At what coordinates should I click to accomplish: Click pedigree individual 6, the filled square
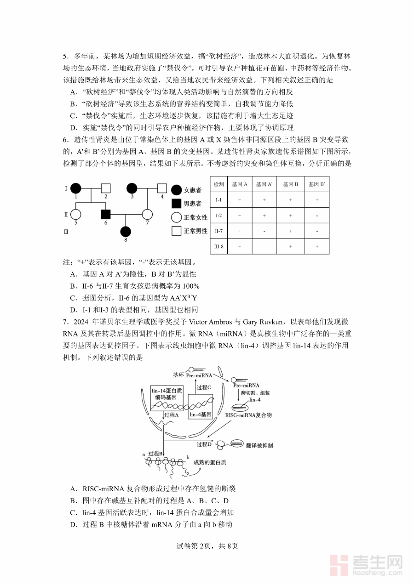point(106,214)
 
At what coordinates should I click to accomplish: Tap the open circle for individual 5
point(76,214)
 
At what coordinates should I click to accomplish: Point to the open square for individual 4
point(162,187)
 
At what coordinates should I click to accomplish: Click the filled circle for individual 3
point(132,187)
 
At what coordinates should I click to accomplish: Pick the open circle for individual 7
point(147,214)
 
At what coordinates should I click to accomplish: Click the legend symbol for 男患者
point(176,203)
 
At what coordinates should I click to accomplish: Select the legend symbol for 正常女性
point(176,217)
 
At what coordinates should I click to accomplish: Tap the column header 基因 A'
point(264,184)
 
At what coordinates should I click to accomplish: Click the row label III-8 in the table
point(219,246)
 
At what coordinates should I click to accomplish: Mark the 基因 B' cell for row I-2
point(317,215)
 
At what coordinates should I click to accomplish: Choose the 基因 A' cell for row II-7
point(264,231)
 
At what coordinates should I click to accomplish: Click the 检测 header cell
point(219,184)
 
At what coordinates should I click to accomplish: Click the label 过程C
point(203,387)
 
